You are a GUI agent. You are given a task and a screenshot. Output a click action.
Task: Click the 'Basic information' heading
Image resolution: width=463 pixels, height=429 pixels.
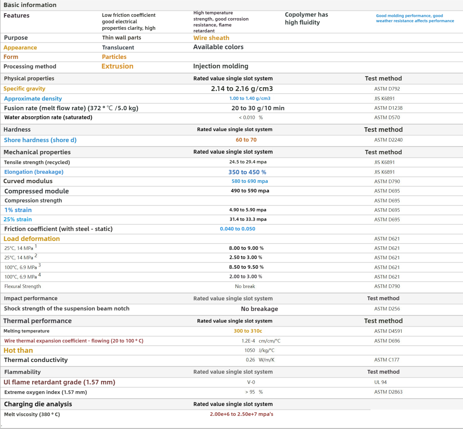coord(30,5)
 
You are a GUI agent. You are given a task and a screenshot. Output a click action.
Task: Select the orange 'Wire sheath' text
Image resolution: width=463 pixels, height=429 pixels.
coord(211,38)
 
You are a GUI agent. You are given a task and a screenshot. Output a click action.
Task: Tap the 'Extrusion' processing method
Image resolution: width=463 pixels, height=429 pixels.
coord(117,66)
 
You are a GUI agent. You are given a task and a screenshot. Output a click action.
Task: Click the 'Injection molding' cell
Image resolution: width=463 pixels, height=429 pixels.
coord(221,66)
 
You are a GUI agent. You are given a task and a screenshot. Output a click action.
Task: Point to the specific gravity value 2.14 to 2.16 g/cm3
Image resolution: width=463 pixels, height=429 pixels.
coord(242,89)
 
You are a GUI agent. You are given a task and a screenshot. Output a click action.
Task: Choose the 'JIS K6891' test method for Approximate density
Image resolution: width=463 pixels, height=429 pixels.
coord(384,99)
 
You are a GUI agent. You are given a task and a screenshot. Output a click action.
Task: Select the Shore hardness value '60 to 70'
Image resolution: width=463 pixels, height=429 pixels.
coord(246,140)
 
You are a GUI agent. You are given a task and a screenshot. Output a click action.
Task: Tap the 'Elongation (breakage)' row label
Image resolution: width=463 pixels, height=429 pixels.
coord(34,172)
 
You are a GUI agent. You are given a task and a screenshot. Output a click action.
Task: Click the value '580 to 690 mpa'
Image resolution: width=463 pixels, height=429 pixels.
coord(250,181)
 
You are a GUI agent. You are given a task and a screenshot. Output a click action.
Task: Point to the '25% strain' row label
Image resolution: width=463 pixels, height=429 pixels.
coord(18,219)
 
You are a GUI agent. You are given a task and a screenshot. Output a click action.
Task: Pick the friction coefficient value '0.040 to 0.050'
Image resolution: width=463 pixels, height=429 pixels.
coord(237,229)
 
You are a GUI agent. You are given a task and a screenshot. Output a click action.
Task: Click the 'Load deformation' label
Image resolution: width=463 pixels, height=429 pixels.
coord(32,239)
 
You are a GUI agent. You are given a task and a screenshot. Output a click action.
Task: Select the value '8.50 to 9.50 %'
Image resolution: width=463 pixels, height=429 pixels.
coord(246,267)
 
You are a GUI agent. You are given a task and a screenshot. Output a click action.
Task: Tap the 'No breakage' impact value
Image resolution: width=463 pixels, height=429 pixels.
coord(259,309)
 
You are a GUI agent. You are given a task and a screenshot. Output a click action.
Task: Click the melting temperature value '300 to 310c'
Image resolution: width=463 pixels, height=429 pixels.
coord(248,331)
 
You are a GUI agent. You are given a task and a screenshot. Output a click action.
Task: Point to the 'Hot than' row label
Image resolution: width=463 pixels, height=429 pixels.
coord(18,350)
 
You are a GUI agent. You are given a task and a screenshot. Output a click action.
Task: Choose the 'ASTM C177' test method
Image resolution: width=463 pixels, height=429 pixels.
coord(387,360)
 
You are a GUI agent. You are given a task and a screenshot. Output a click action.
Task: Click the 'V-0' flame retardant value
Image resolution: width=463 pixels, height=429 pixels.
coord(251,382)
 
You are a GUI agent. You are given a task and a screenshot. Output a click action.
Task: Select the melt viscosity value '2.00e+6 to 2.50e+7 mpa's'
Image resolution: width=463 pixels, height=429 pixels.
coord(241,414)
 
